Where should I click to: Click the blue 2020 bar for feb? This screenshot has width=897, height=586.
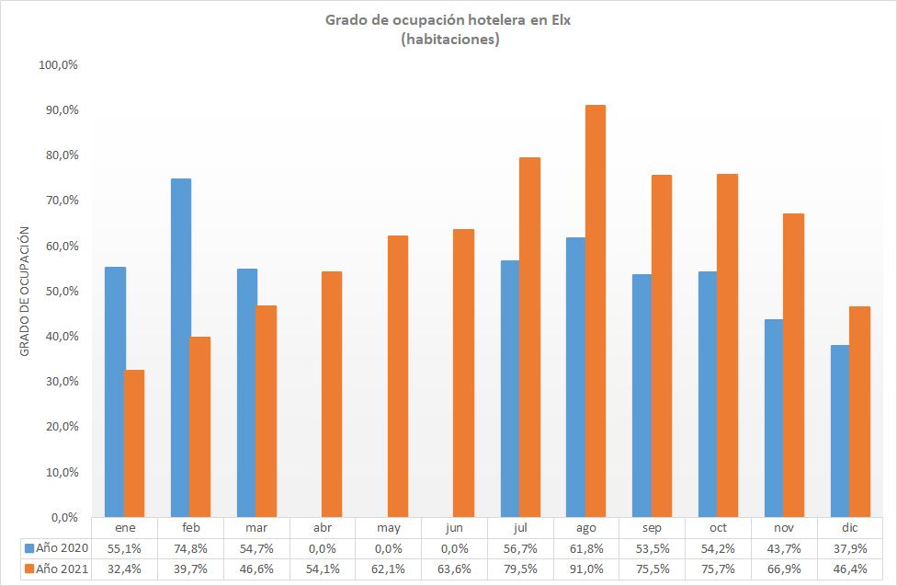181,348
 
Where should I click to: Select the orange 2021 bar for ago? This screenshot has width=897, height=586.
596,311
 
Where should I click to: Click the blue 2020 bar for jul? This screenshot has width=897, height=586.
510,388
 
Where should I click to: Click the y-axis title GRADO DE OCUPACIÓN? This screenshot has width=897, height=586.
25,291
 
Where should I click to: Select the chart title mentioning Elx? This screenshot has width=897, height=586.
448,20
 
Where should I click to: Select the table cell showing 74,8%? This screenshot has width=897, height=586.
190,547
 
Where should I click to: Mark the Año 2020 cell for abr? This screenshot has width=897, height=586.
322,547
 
